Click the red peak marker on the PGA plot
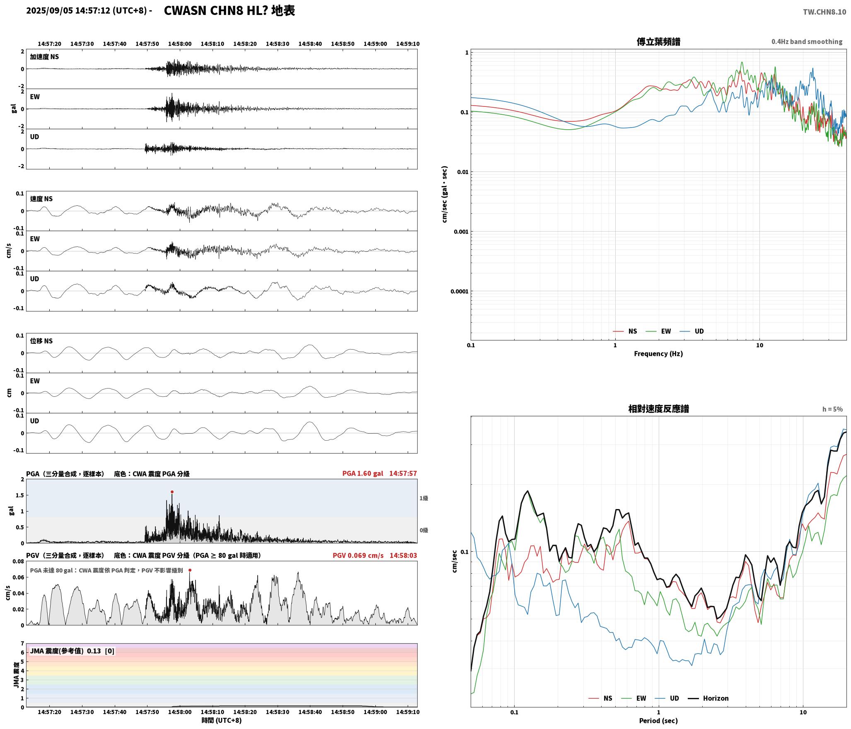(x=172, y=492)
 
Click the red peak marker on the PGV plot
(x=190, y=570)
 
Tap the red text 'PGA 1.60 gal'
(x=363, y=473)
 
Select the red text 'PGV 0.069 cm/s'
(x=358, y=555)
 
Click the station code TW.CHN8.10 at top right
(x=824, y=12)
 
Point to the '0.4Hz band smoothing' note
(x=807, y=42)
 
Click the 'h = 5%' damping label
(x=832, y=409)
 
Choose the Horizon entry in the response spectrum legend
(x=708, y=698)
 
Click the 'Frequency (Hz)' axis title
(x=658, y=354)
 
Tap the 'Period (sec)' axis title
(x=658, y=721)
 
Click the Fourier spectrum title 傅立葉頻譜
(x=658, y=42)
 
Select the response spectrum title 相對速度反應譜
(x=658, y=409)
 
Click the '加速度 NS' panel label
(x=44, y=57)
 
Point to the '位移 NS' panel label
(x=41, y=341)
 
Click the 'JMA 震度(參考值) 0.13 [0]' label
(x=72, y=651)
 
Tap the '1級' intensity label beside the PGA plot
(x=423, y=498)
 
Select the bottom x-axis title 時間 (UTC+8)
(x=221, y=720)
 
